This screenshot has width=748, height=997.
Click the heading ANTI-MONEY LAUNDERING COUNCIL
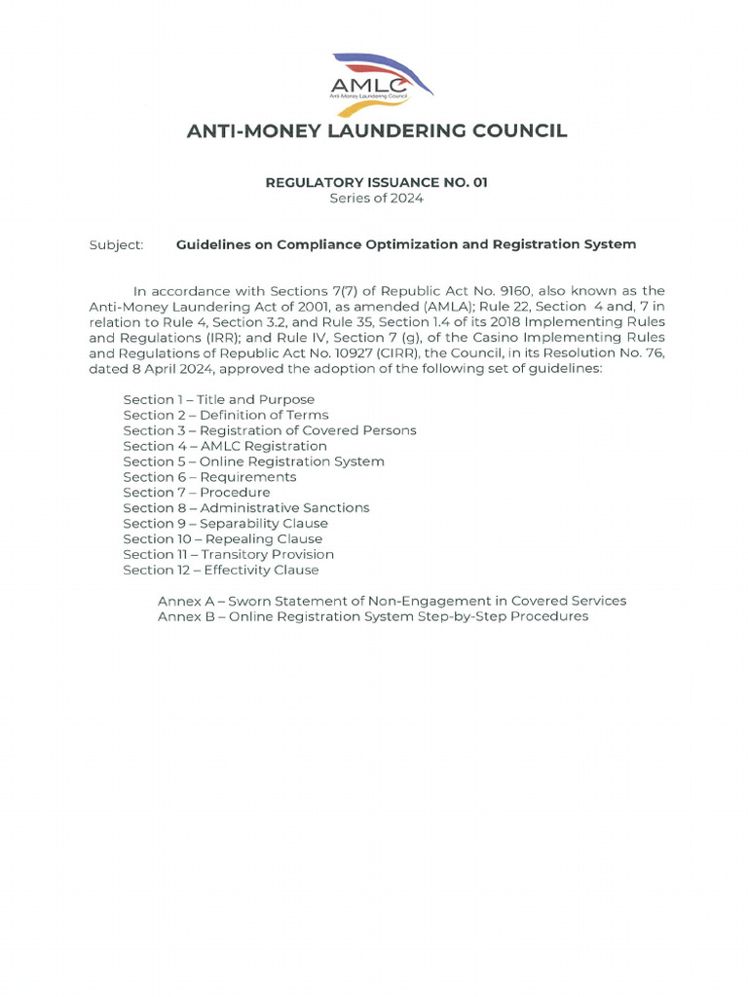377,130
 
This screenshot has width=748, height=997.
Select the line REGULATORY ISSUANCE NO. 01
377,182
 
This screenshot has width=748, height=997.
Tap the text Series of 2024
377,198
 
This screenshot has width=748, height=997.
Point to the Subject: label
116,244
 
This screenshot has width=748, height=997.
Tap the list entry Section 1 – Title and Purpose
218,399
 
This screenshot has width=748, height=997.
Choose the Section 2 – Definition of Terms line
225,415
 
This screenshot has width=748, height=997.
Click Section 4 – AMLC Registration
225,446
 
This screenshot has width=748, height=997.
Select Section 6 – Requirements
209,477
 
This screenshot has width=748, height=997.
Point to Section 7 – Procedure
197,493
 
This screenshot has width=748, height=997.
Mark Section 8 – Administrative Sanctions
246,507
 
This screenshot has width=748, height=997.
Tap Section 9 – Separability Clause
225,523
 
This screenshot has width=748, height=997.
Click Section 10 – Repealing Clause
222,538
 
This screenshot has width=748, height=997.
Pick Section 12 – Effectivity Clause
221,570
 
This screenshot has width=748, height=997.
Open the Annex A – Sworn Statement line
392,601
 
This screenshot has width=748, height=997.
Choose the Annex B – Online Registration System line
373,616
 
